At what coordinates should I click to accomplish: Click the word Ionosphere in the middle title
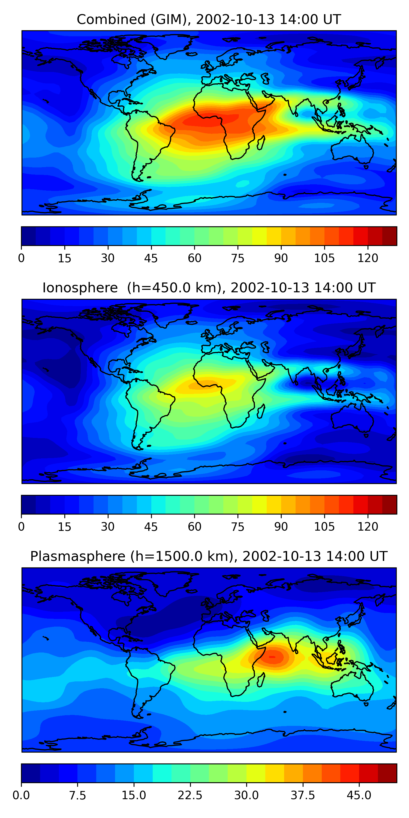[80, 288]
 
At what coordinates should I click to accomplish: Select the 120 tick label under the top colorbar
[368, 258]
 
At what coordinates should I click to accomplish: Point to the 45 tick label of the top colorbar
[151, 258]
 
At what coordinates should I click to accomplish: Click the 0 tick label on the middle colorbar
[21, 527]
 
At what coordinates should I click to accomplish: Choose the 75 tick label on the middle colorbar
[237, 527]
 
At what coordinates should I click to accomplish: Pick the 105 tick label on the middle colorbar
[324, 527]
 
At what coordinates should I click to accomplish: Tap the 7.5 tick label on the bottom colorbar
[77, 795]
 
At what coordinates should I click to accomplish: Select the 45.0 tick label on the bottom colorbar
[359, 795]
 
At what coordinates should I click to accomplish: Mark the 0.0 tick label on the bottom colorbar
[21, 795]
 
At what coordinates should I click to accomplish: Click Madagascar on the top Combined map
[261, 143]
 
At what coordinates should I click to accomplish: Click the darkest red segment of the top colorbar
[389, 236]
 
